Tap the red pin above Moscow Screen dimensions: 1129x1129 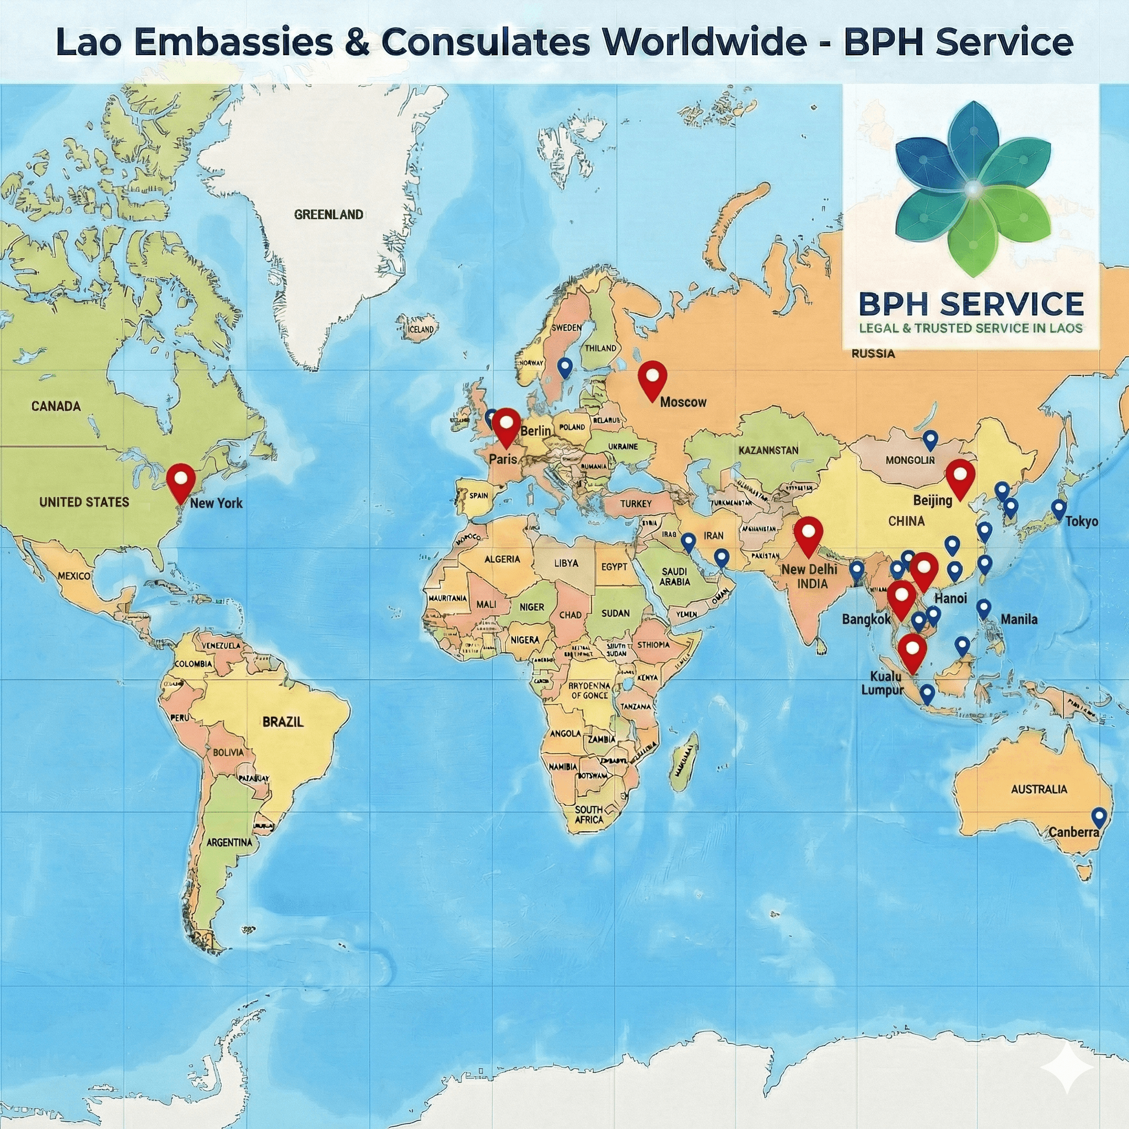coord(652,378)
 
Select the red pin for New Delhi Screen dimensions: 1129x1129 coord(808,534)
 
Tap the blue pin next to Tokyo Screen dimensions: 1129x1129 coord(1058,509)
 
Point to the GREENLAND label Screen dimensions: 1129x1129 coord(329,214)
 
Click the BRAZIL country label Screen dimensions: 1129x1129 coord(283,722)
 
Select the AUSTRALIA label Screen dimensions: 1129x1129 coord(1039,789)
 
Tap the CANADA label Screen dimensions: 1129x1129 coord(56,406)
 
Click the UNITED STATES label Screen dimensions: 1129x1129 coord(84,502)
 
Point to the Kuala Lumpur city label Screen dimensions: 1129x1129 coord(883,683)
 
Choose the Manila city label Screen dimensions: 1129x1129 coord(1019,619)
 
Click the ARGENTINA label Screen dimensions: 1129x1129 coord(229,842)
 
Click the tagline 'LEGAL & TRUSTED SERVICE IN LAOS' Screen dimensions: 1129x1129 coord(971,328)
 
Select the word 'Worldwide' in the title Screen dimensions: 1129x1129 coord(697,42)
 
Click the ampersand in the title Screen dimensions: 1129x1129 coord(357,42)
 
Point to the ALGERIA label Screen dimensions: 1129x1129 coord(502,559)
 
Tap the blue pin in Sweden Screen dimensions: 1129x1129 coord(564,367)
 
